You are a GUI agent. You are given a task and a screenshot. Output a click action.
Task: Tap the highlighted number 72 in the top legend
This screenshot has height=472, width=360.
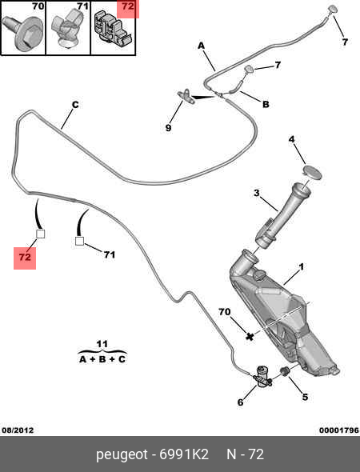coord(128,6)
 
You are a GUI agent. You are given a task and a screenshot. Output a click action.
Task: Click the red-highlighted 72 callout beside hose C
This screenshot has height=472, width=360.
coord(25,257)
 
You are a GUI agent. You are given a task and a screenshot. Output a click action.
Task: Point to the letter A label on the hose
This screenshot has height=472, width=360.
coord(201,46)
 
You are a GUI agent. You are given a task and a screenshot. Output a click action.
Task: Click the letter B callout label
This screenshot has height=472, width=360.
coord(266,104)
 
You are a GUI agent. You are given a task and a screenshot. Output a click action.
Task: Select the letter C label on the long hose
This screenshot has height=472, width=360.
coord(75,105)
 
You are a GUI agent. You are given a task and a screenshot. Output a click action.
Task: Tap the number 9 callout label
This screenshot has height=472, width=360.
coord(168,128)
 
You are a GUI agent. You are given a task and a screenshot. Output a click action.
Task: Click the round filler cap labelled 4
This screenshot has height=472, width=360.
coord(312,172)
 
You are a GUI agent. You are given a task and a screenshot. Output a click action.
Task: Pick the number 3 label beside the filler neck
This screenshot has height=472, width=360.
coord(256,193)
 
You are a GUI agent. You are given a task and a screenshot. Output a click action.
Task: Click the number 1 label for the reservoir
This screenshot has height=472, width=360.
coord(301,266)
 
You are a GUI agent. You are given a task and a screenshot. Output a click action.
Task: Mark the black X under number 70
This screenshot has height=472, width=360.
coord(250,336)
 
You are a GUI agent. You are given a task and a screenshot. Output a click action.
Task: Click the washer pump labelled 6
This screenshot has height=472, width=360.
coord(262,376)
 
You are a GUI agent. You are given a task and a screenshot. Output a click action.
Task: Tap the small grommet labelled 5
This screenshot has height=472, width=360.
coord(285,371)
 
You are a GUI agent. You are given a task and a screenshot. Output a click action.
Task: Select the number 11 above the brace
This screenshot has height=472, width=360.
coord(102,344)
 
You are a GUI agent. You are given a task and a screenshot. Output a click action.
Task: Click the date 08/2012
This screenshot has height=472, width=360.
coord(18,430)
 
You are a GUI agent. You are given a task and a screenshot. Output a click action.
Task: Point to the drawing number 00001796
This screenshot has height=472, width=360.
coord(339,430)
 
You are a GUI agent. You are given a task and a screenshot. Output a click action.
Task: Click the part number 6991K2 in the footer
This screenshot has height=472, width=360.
coord(184,454)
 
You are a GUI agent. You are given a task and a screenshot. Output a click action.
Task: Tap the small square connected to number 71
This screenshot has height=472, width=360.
coord(79,241)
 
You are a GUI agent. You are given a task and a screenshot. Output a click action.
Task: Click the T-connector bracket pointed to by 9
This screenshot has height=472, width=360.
coord(186,96)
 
